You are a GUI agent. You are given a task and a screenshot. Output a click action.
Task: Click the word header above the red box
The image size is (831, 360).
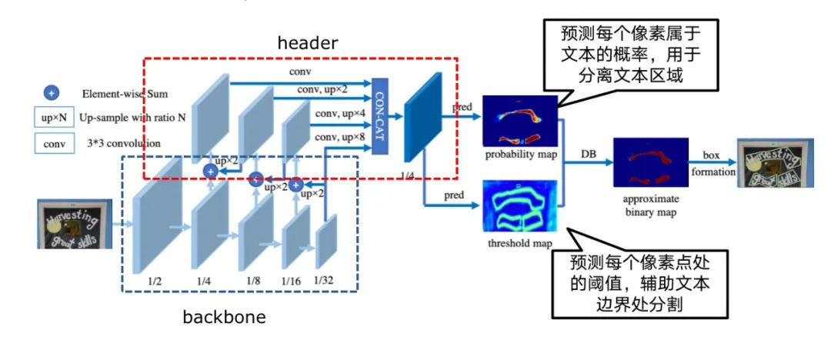pos(307,44)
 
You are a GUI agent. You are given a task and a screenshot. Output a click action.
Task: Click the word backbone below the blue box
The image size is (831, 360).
pos(225,316)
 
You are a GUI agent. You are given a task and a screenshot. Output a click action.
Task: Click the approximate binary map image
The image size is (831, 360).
pos(649,162)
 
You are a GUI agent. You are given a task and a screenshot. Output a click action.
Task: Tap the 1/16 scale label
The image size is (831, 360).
pos(291,281)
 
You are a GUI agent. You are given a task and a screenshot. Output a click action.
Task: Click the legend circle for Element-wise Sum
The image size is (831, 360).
pos(52,94)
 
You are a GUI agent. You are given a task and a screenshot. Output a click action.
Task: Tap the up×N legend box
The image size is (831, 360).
pos(52,118)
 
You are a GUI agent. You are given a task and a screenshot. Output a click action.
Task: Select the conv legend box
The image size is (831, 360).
pos(52,143)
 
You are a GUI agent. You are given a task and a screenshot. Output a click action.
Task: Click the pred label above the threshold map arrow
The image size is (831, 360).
pos(454,195)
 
